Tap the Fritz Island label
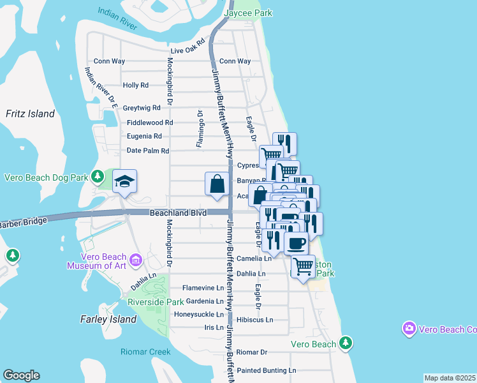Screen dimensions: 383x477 click(30, 114)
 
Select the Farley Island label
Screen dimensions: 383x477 click(108, 319)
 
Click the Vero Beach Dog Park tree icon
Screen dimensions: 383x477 click(97, 176)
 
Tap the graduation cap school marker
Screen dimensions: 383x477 click(125, 182)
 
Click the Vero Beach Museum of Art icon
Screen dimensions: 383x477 click(135, 260)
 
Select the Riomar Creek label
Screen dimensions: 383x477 click(146, 352)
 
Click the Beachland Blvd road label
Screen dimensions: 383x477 click(175, 213)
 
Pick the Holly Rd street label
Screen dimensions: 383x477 click(135, 85)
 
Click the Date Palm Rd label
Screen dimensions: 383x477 click(147, 151)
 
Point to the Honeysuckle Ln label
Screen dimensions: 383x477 click(199, 315)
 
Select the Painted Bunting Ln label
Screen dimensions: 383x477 click(267, 370)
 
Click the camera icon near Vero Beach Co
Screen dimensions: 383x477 click(409, 329)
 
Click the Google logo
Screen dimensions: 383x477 click(21, 375)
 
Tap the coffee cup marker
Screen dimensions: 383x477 click(296, 244)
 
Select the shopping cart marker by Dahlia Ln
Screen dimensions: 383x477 click(303, 266)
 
